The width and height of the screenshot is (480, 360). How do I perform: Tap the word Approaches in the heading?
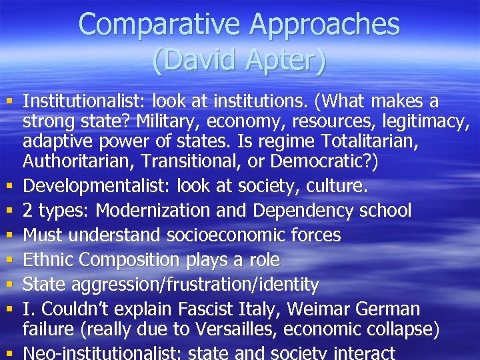[324, 25]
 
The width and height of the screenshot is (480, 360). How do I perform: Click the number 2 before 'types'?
[28, 211]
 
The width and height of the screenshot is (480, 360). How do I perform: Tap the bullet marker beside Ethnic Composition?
[8, 260]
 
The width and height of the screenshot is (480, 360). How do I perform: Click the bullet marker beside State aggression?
[8, 285]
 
